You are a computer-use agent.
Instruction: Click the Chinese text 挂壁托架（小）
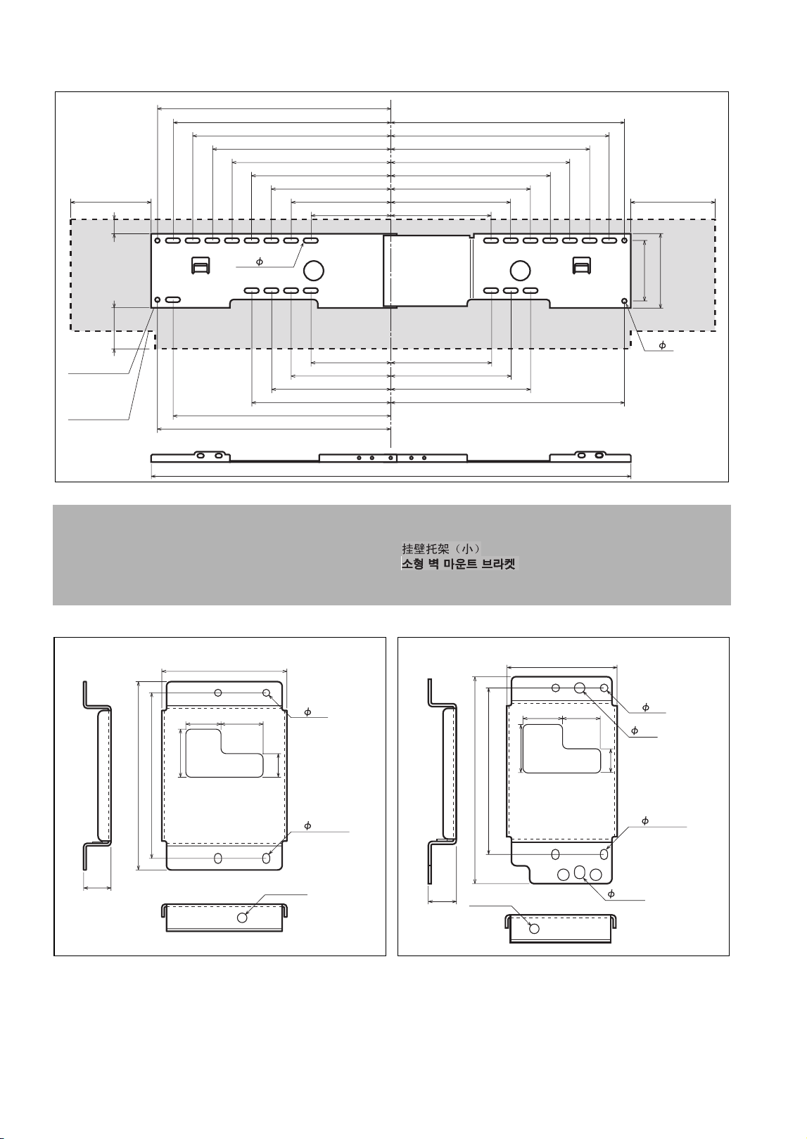[x=441, y=548]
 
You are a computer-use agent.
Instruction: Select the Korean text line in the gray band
[x=459, y=564]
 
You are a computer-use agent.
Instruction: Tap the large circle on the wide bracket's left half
[x=314, y=271]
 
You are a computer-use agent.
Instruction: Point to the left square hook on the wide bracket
[x=200, y=265]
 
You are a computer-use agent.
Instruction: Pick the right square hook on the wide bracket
[x=582, y=265]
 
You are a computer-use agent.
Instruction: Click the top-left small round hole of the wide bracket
[x=158, y=240]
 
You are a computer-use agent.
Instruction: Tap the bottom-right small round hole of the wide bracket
[x=625, y=301]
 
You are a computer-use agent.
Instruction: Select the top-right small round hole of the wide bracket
[x=625, y=240]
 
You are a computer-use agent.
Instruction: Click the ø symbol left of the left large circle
[x=260, y=262]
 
